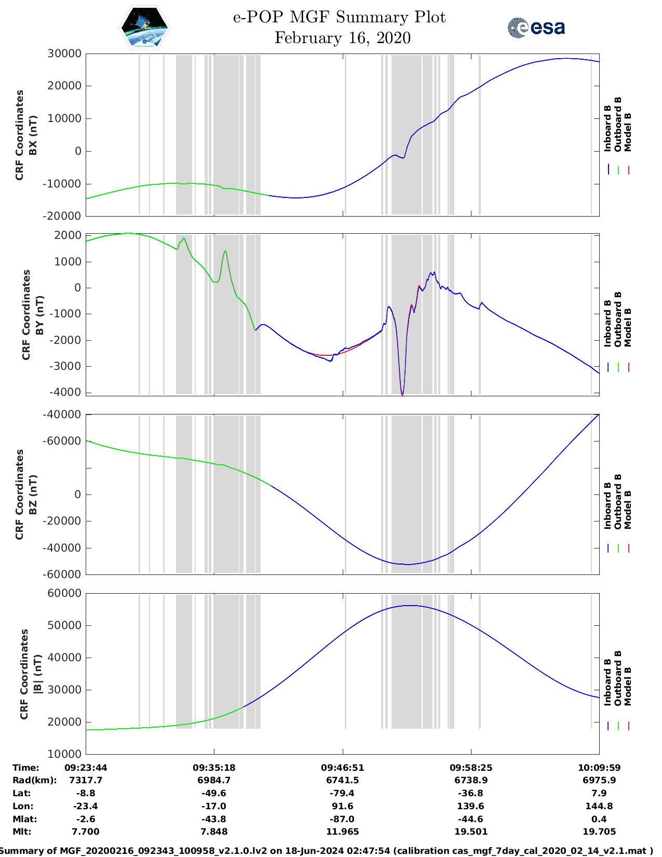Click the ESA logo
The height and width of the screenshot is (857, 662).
[x=536, y=28]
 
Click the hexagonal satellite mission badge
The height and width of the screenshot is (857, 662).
[x=144, y=28]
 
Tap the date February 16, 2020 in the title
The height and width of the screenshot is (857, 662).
[x=342, y=38]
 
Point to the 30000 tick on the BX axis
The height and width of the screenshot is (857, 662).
[x=64, y=53]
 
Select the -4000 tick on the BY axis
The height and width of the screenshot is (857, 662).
[x=65, y=392]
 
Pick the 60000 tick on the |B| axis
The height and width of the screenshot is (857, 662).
[x=64, y=593]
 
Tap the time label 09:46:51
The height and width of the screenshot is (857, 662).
[x=342, y=768]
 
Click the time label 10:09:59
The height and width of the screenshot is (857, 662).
[x=599, y=768]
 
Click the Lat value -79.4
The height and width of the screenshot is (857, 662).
[x=342, y=793]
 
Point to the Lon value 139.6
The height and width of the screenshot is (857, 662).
[x=470, y=806]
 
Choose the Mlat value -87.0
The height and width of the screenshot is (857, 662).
[x=342, y=819]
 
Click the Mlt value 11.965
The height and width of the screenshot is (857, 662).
[x=342, y=832]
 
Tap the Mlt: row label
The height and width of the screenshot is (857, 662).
[x=22, y=832]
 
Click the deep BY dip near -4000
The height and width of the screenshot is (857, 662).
[x=402, y=393]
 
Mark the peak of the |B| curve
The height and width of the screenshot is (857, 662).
[x=410, y=606]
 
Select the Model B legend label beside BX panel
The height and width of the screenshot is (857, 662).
[x=628, y=132]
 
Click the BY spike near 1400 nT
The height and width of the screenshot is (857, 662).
[x=225, y=252]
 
